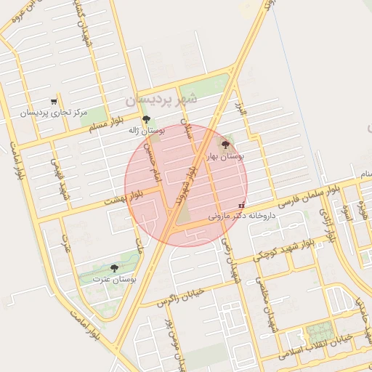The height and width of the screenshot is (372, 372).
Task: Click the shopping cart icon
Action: click(54, 102)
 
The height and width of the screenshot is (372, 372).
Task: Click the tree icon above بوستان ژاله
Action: click(147, 119)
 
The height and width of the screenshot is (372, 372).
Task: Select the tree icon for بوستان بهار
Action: click(224, 145)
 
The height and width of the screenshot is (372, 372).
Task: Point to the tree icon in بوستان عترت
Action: click(114, 268)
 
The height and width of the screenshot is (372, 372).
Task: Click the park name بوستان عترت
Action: click(116, 279)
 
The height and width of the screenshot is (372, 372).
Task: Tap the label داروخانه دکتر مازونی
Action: click(243, 215)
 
